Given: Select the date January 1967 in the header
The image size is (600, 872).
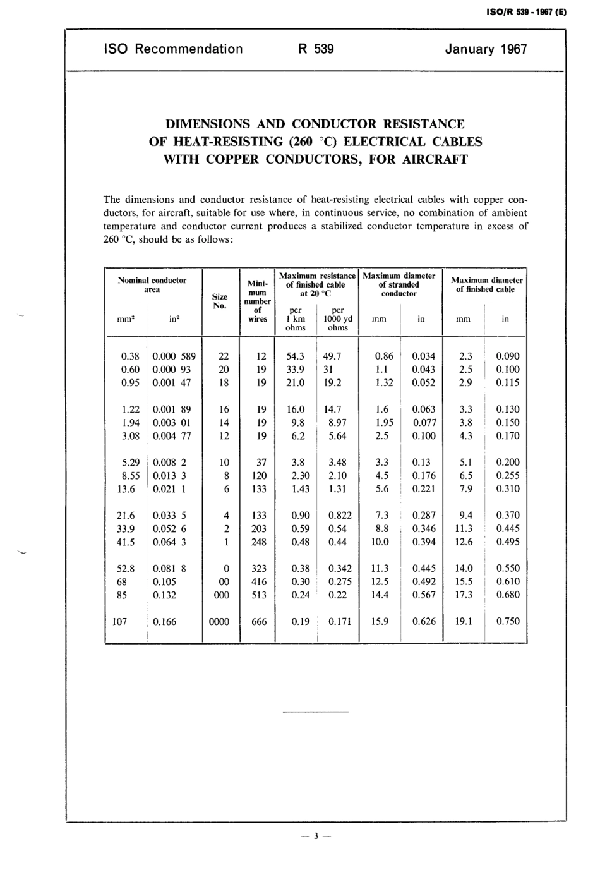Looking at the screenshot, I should point(486,49).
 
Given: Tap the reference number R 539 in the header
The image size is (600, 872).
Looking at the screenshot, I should point(315,49).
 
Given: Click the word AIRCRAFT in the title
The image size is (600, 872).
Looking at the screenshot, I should point(435,159).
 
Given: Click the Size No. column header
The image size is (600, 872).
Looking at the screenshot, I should point(220,301).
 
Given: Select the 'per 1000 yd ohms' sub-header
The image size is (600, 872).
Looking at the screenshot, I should point(338,319).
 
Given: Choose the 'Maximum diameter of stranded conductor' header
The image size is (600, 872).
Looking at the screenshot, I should point(399,284).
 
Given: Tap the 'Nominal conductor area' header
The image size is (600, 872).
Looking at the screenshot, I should point(152,284).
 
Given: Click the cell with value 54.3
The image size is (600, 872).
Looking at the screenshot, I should point(296,356).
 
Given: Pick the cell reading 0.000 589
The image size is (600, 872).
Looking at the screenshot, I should point(174,356).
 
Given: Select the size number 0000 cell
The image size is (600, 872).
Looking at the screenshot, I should point(219,622).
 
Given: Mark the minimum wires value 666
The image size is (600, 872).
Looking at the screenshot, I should point(259,622).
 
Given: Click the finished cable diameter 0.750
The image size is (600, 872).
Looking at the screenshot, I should point(508,621).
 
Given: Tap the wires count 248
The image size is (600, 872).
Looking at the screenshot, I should point(259,542).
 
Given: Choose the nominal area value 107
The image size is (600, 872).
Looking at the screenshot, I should point(119,622).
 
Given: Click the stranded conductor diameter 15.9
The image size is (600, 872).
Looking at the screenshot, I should point(380,622).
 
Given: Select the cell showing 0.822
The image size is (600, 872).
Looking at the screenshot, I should point(340,516).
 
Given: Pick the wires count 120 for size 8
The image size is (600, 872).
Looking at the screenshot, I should point(259,476).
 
